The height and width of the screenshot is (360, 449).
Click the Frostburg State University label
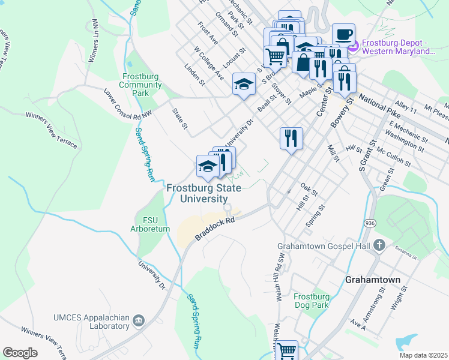[x=203, y=193]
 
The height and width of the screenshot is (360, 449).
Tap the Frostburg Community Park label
[x=142, y=85]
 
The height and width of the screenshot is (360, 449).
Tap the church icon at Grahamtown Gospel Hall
[x=378, y=245]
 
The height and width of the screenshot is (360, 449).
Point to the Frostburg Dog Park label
[x=312, y=301]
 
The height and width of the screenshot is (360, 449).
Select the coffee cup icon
[x=343, y=35]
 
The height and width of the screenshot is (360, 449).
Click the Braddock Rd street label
[x=214, y=230]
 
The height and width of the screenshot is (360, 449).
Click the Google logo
[x=20, y=353]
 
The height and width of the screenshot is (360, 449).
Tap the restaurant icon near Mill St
[x=291, y=137]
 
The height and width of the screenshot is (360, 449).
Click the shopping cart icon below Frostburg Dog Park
[x=288, y=350]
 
